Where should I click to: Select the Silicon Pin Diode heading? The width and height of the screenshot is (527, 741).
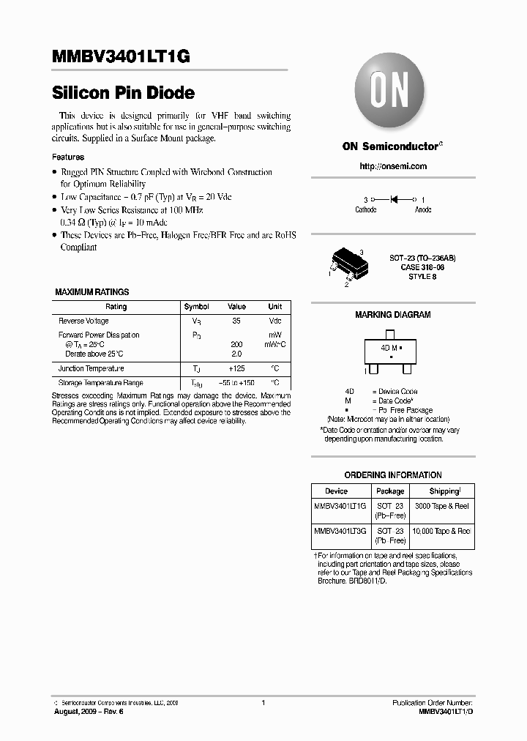[123, 93]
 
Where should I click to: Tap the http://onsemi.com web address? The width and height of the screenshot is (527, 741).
[393, 166]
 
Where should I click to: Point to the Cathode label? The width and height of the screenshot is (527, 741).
[366, 210]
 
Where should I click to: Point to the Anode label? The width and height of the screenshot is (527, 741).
[423, 210]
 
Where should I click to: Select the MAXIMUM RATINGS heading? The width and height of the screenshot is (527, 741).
[92, 292]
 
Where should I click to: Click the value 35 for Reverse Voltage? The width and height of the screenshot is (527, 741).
[236, 321]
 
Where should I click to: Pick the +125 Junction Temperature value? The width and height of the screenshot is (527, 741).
[236, 369]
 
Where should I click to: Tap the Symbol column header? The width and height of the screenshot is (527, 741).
[196, 307]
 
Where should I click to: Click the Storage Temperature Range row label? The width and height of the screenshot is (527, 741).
[101, 383]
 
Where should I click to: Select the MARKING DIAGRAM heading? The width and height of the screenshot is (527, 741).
[392, 315]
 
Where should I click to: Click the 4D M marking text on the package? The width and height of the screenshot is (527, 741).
[389, 349]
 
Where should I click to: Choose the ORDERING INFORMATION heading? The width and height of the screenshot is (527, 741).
[393, 475]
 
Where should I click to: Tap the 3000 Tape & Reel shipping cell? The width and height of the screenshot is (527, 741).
[442, 507]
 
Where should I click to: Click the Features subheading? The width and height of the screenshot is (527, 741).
[68, 157]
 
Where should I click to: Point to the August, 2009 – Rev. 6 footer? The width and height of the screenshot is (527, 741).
[88, 712]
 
